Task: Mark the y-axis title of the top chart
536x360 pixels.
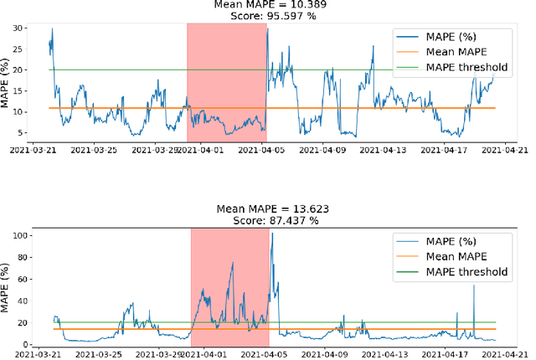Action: click(8, 83)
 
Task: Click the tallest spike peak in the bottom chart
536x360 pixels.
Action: click(272, 234)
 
